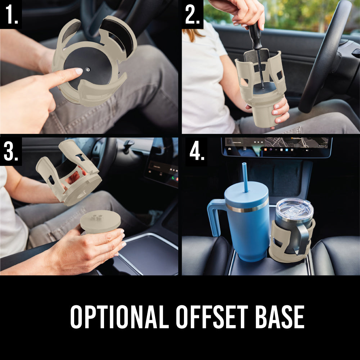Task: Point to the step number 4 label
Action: coord(197,152)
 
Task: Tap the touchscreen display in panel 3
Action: coord(162,166)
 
